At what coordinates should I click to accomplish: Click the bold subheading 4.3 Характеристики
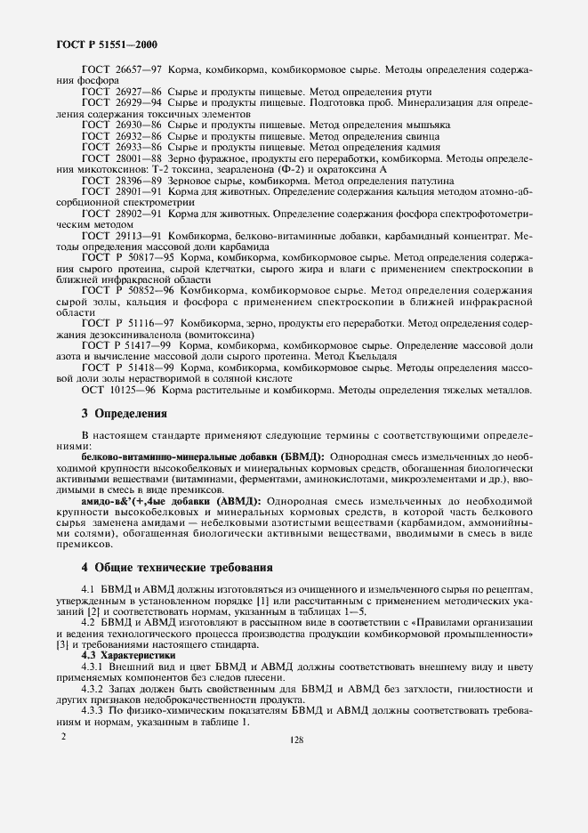click(x=125, y=654)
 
